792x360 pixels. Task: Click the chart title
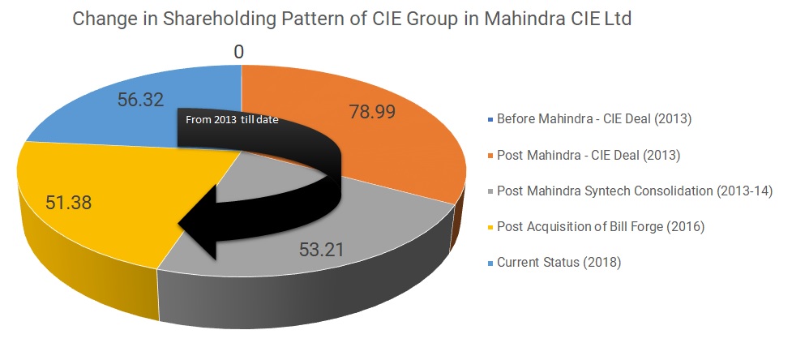(352, 19)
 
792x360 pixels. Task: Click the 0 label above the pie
(238, 53)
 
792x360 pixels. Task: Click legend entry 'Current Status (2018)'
(559, 262)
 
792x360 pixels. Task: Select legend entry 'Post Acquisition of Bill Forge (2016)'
(601, 226)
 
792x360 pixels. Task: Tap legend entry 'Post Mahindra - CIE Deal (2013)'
(588, 154)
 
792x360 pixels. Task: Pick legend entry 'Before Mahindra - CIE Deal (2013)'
(593, 118)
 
